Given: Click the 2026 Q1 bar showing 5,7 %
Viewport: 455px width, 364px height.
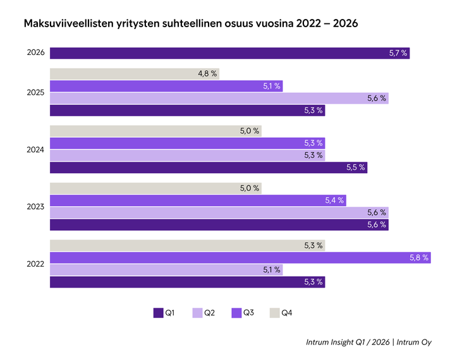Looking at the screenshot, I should point(229,53).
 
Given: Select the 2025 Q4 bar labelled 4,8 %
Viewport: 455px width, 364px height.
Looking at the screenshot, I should point(135,74).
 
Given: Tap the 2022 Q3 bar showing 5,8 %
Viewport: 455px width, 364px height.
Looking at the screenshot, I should point(240,258).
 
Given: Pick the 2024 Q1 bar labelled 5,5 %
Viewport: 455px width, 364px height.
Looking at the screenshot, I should point(208,167).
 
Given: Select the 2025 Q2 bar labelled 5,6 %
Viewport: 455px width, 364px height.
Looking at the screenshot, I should point(219,98).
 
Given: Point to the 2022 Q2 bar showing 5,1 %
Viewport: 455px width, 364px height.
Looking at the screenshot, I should point(166,270).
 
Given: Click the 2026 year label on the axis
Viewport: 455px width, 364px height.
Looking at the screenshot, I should point(35,53).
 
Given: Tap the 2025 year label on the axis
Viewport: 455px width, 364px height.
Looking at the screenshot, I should point(35,92).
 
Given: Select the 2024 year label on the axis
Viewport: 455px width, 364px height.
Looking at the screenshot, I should point(35,150).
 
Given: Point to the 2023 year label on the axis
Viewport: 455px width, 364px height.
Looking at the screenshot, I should point(35,207).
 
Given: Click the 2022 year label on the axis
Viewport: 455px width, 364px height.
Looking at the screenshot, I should point(35,264).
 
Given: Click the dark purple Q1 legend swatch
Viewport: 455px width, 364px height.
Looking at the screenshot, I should point(159,312).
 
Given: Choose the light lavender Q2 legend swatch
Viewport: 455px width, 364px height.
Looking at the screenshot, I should point(197,312).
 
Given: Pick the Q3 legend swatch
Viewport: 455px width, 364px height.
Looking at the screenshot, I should point(236,312).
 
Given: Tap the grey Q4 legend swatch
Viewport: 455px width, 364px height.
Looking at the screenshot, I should point(275,312).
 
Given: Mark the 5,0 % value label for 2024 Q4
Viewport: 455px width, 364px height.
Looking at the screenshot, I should point(250,131).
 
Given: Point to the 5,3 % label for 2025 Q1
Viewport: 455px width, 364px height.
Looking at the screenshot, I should point(313,111).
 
